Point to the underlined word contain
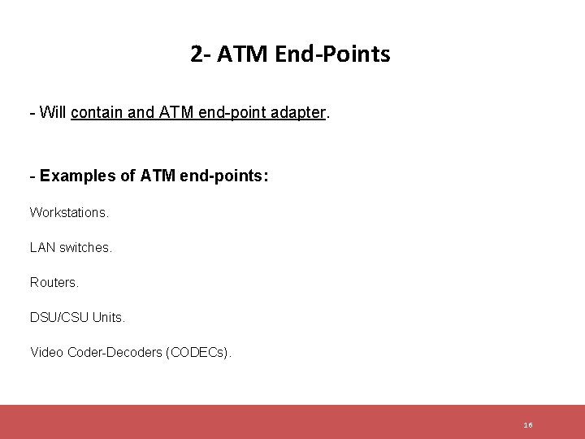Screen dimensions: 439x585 [96, 114]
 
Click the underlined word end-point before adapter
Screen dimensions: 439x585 [232, 114]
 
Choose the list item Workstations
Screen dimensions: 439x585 [69, 212]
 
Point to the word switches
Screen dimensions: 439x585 [86, 247]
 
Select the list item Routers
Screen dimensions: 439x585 [54, 282]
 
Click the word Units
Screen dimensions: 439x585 [109, 317]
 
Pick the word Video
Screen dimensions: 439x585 [46, 352]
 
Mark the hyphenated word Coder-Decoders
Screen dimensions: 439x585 [113, 352]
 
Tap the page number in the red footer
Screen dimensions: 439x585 [528, 425]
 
